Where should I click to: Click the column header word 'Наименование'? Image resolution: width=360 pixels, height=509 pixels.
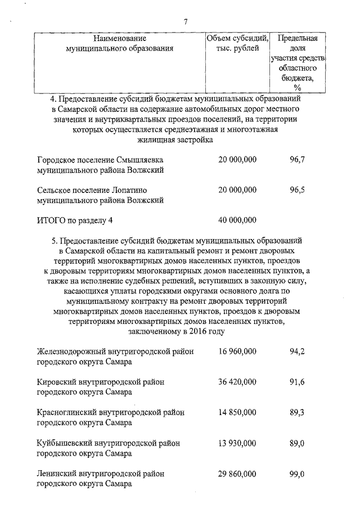(120, 38)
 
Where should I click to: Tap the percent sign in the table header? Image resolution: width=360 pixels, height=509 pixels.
(297, 88)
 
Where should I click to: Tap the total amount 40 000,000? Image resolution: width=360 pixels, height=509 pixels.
(237, 220)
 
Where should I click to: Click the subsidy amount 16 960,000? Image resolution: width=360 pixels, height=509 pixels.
(237, 352)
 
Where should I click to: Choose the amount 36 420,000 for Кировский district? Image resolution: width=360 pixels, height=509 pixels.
(237, 382)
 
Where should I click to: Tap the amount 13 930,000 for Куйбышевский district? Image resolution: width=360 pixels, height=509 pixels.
(237, 443)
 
